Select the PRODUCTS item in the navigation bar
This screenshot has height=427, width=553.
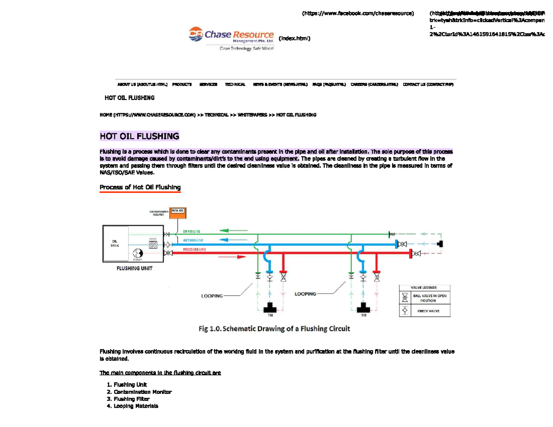tap(182, 85)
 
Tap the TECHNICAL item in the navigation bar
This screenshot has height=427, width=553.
tap(235, 85)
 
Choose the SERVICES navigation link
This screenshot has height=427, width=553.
tap(208, 85)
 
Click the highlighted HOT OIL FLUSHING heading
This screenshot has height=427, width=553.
tap(139, 136)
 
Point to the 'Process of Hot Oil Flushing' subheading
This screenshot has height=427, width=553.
tap(140, 187)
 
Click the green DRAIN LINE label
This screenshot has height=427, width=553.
tap(192, 231)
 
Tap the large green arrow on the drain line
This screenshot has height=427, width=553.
tap(230, 229)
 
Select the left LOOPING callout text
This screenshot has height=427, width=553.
tap(212, 296)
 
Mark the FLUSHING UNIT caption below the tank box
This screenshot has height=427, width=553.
tap(134, 269)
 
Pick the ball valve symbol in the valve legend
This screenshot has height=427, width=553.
tap(405, 298)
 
